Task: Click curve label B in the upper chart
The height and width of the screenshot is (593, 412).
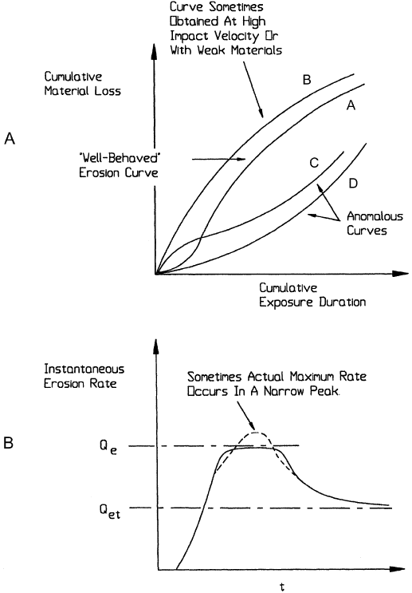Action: point(307,80)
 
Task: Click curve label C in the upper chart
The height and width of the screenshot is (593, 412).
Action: point(314,163)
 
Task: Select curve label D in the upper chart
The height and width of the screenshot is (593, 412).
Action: point(353,184)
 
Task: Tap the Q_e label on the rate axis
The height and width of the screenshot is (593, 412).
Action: point(108,447)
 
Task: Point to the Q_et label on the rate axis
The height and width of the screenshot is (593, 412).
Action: point(110,512)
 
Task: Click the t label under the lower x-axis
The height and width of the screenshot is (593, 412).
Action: point(282,586)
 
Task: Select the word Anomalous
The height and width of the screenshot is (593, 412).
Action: point(375,216)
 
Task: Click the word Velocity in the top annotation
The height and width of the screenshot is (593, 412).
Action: point(237,36)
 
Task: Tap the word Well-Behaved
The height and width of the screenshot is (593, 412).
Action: point(119,158)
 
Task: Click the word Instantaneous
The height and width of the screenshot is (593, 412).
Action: point(84,369)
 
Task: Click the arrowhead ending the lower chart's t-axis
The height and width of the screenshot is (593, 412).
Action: point(397,569)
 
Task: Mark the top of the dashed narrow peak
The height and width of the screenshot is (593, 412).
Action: point(256,433)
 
